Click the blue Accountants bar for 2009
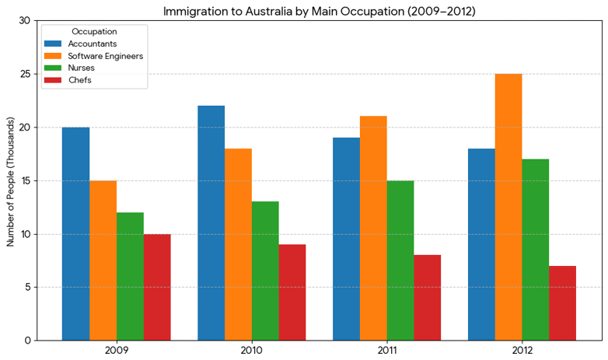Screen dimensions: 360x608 tap(75, 233)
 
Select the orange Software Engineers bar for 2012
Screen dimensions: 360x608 tap(508, 207)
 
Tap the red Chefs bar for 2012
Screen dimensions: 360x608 tap(563, 302)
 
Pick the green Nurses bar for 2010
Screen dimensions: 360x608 tap(265, 271)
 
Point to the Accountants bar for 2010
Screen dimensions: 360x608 tap(211, 223)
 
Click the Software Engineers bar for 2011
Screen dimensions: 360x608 tap(373, 228)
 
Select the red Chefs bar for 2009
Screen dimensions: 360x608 tap(157, 287)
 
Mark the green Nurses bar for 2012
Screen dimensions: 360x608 tap(536, 250)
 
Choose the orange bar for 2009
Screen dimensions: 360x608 tap(103, 260)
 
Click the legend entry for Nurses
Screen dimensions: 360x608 tap(81, 68)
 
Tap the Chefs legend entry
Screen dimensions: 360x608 tap(79, 80)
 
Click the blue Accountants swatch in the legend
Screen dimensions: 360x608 tap(53, 44)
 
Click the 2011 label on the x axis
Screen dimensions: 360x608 tap(386, 350)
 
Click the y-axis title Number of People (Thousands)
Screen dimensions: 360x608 tap(11, 181)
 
